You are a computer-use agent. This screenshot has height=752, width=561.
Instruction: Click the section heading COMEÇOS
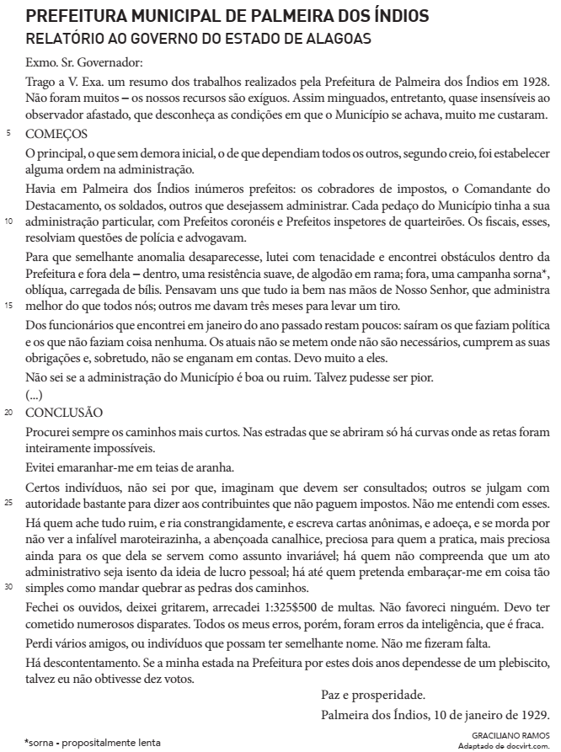[x=56, y=134]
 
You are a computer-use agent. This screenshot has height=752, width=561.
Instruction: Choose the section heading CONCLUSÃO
[x=64, y=413]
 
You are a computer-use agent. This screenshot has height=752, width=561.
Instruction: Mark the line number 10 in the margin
[x=10, y=222]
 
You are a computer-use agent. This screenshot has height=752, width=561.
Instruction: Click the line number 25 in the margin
[x=10, y=504]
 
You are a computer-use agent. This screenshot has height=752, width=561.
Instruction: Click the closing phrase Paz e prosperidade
[x=373, y=695]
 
